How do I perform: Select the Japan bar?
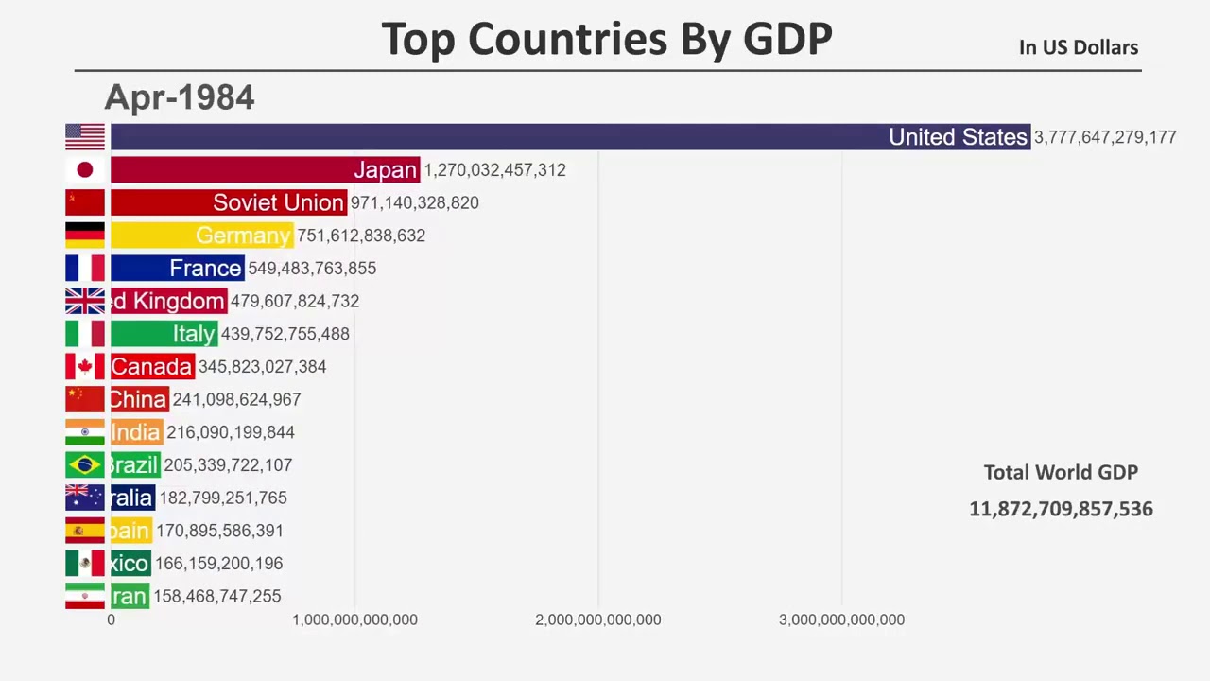coord(265,170)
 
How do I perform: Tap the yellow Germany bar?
coord(201,236)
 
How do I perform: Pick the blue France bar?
coord(177,269)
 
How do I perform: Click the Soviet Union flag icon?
coord(85,202)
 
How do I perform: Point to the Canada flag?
coord(85,367)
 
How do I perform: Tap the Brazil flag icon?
coord(85,465)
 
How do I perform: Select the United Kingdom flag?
coord(85,301)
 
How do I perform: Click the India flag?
coord(85,432)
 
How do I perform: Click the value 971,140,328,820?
coord(414,202)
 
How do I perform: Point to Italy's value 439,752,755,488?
coord(285,334)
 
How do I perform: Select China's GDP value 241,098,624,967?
coord(236,399)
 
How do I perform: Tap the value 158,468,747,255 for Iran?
coord(216,596)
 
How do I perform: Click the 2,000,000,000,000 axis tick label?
coord(597,620)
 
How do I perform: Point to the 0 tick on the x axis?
coord(111,620)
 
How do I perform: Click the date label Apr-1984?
coord(180,97)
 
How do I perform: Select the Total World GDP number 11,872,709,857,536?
coord(1061,509)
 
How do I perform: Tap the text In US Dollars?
coord(1078,47)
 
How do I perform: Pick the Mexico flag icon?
coord(85,564)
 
